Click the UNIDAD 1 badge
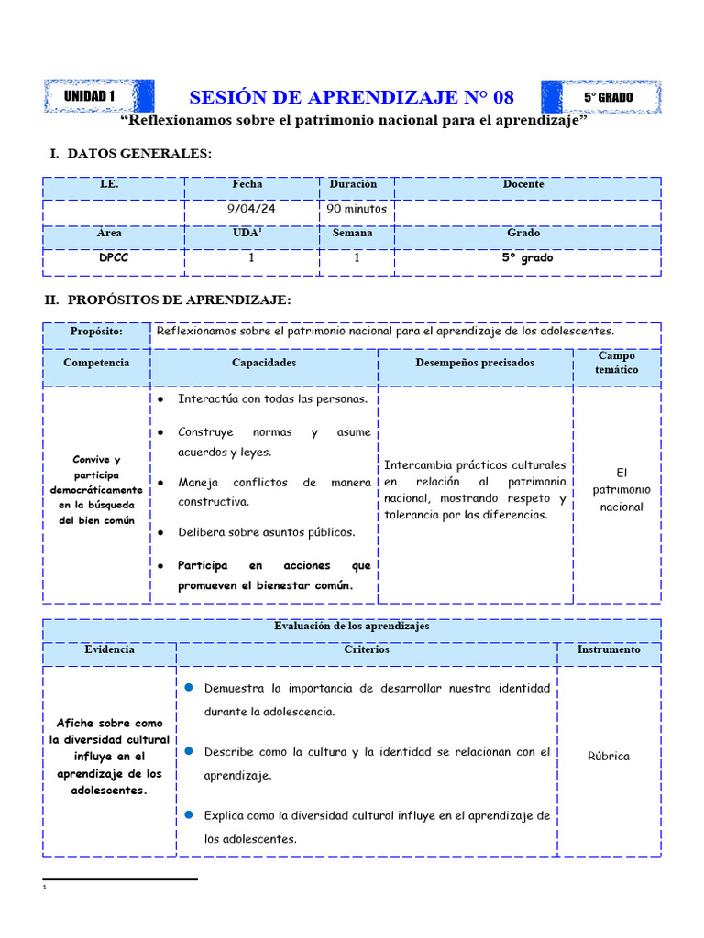[91, 96]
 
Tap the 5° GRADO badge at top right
[608, 96]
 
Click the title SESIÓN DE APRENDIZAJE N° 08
[351, 97]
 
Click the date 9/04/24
[251, 209]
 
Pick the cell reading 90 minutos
[357, 209]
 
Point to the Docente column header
[523, 184]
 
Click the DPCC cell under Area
[114, 258]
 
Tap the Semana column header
[353, 234]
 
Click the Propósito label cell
[96, 332]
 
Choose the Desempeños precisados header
[475, 363]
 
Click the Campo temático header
[617, 363]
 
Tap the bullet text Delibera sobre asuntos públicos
[266, 532]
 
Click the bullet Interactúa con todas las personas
[272, 399]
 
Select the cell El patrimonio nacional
[621, 490]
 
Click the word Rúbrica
[609, 757]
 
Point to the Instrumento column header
[609, 649]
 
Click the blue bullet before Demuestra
[188, 687]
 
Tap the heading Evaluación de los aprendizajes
[351, 627]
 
